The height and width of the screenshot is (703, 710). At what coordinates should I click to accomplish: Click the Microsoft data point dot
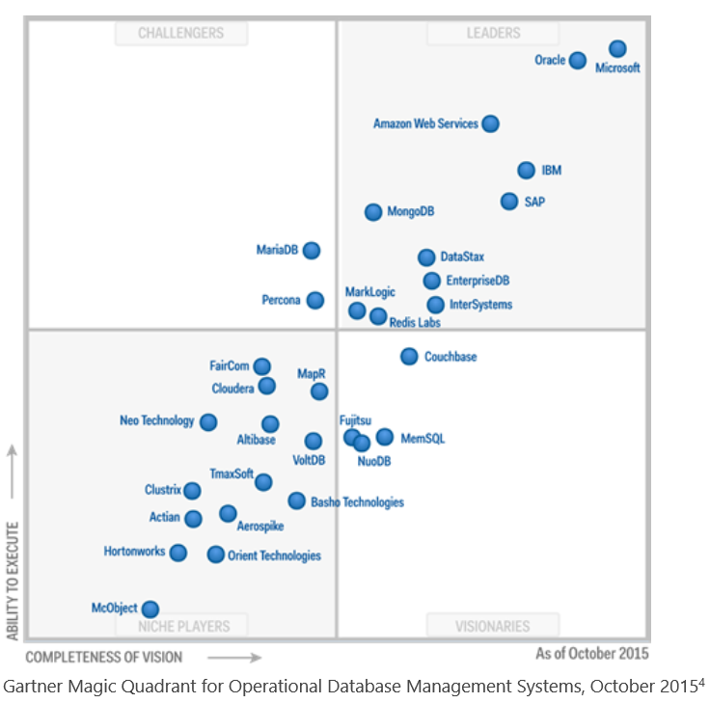tap(617, 49)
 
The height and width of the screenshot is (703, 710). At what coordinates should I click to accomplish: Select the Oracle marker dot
tap(577, 61)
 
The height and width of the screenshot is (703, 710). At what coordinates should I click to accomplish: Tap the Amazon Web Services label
tap(425, 123)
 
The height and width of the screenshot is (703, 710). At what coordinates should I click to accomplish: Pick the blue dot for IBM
tap(526, 171)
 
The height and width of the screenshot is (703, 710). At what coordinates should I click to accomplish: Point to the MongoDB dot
tap(373, 212)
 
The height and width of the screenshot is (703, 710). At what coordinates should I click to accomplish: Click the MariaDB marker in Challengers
tap(311, 251)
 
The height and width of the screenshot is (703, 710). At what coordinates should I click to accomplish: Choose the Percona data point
tap(315, 300)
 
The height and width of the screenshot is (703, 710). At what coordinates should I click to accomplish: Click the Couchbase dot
tap(409, 357)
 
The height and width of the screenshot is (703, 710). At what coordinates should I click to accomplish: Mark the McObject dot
tap(150, 608)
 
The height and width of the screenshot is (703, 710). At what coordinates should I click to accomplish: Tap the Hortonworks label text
tap(134, 552)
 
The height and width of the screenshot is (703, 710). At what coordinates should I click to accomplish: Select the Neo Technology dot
tap(208, 421)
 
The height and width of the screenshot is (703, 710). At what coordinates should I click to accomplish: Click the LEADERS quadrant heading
tap(493, 34)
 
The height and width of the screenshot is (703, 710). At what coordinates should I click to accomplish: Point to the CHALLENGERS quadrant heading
tap(181, 34)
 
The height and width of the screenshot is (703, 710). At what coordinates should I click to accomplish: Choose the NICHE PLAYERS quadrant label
tap(181, 627)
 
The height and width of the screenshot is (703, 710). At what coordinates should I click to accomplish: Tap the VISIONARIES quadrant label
tap(493, 627)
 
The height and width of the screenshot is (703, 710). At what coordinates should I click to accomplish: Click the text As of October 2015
tap(591, 654)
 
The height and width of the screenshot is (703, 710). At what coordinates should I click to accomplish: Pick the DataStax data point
tap(426, 257)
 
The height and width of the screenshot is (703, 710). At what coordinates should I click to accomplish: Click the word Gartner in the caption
tap(31, 687)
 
